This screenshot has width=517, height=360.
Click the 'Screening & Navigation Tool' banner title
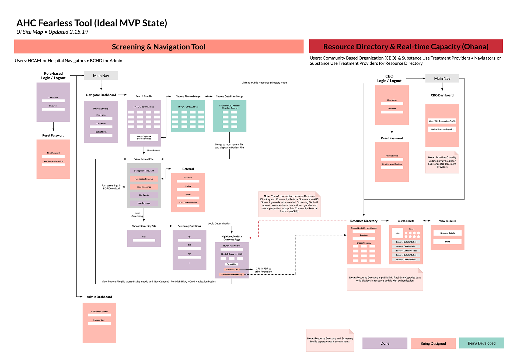coord(159,47)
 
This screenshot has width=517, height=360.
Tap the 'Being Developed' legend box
coord(481,343)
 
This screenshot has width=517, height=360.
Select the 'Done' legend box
coord(385,343)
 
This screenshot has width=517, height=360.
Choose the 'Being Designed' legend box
coord(433,343)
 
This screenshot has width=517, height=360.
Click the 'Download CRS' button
coord(232,269)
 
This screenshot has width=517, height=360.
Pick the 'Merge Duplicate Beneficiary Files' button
coord(144,138)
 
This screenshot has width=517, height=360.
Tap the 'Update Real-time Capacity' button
coord(442,129)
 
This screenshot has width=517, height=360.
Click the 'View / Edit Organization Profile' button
coord(442,121)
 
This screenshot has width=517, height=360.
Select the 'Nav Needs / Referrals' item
coord(144,179)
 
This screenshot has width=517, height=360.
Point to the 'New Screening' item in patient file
coord(144,203)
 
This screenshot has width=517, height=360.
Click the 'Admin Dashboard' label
coord(99,297)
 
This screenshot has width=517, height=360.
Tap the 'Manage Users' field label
coord(99,320)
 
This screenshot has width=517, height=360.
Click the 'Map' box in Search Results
coord(397,233)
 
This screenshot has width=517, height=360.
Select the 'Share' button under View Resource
coord(447,242)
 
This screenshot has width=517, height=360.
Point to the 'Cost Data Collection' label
coord(188,202)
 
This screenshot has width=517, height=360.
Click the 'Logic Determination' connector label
coord(219,223)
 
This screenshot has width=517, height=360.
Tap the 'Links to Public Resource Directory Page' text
coord(264,83)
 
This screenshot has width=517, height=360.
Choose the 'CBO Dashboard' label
coord(442,95)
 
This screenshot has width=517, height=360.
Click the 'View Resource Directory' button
coord(232,275)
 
